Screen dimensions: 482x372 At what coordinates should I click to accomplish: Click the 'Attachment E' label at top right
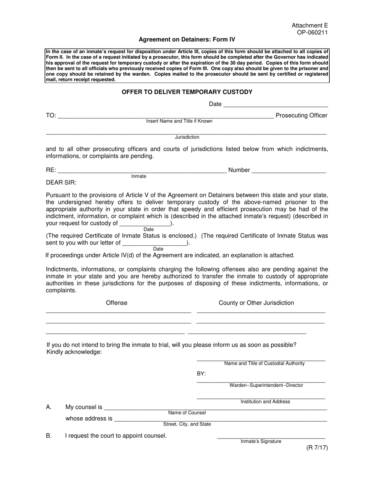pyautogui.click(x=310, y=26)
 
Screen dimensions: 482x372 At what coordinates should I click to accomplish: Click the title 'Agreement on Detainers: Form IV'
pyautogui.click(x=187, y=40)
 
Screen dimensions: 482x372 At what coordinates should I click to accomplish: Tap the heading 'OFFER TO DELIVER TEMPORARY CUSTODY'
pyautogui.click(x=187, y=92)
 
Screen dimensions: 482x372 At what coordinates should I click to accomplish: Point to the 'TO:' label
pyautogui.click(x=51, y=116)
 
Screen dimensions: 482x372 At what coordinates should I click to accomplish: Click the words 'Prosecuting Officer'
pyautogui.click(x=302, y=116)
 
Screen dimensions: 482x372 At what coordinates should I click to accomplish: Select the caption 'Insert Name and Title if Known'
pyautogui.click(x=179, y=121)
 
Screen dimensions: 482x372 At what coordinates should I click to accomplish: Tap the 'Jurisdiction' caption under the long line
pyautogui.click(x=187, y=137)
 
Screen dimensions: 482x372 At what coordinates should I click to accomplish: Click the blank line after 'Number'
pyautogui.click(x=289, y=171)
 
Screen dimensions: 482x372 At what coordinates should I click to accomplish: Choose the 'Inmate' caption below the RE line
pyautogui.click(x=139, y=176)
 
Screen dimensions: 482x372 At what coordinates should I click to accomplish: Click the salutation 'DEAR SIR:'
pyautogui.click(x=61, y=183)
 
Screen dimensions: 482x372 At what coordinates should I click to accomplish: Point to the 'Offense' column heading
pyautogui.click(x=116, y=303)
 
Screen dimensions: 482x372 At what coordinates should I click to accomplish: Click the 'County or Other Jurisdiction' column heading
pyautogui.click(x=256, y=303)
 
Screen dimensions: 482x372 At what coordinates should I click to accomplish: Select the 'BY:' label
pyautogui.click(x=201, y=373)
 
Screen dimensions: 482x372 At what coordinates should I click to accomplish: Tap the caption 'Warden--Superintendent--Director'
pyautogui.click(x=266, y=386)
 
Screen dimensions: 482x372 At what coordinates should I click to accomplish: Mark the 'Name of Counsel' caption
pyautogui.click(x=187, y=413)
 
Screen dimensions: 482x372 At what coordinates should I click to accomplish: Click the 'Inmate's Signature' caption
pyautogui.click(x=261, y=442)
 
